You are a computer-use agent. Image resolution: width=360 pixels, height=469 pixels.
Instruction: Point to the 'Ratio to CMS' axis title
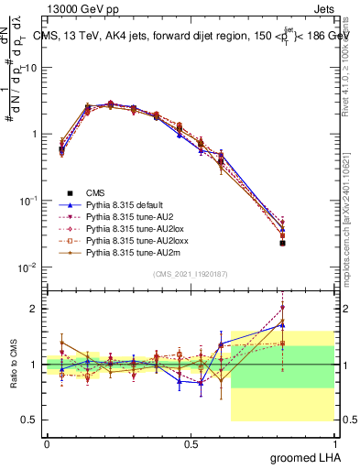click(x=13, y=365)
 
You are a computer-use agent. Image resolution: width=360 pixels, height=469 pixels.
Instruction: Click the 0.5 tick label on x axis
click(x=191, y=444)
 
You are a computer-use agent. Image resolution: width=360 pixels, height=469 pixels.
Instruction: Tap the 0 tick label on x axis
click(x=47, y=444)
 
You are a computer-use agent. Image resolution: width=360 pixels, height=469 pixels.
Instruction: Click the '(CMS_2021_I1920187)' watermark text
click(x=190, y=274)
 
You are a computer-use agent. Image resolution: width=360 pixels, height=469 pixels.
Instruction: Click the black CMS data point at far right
click(x=308, y=244)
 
